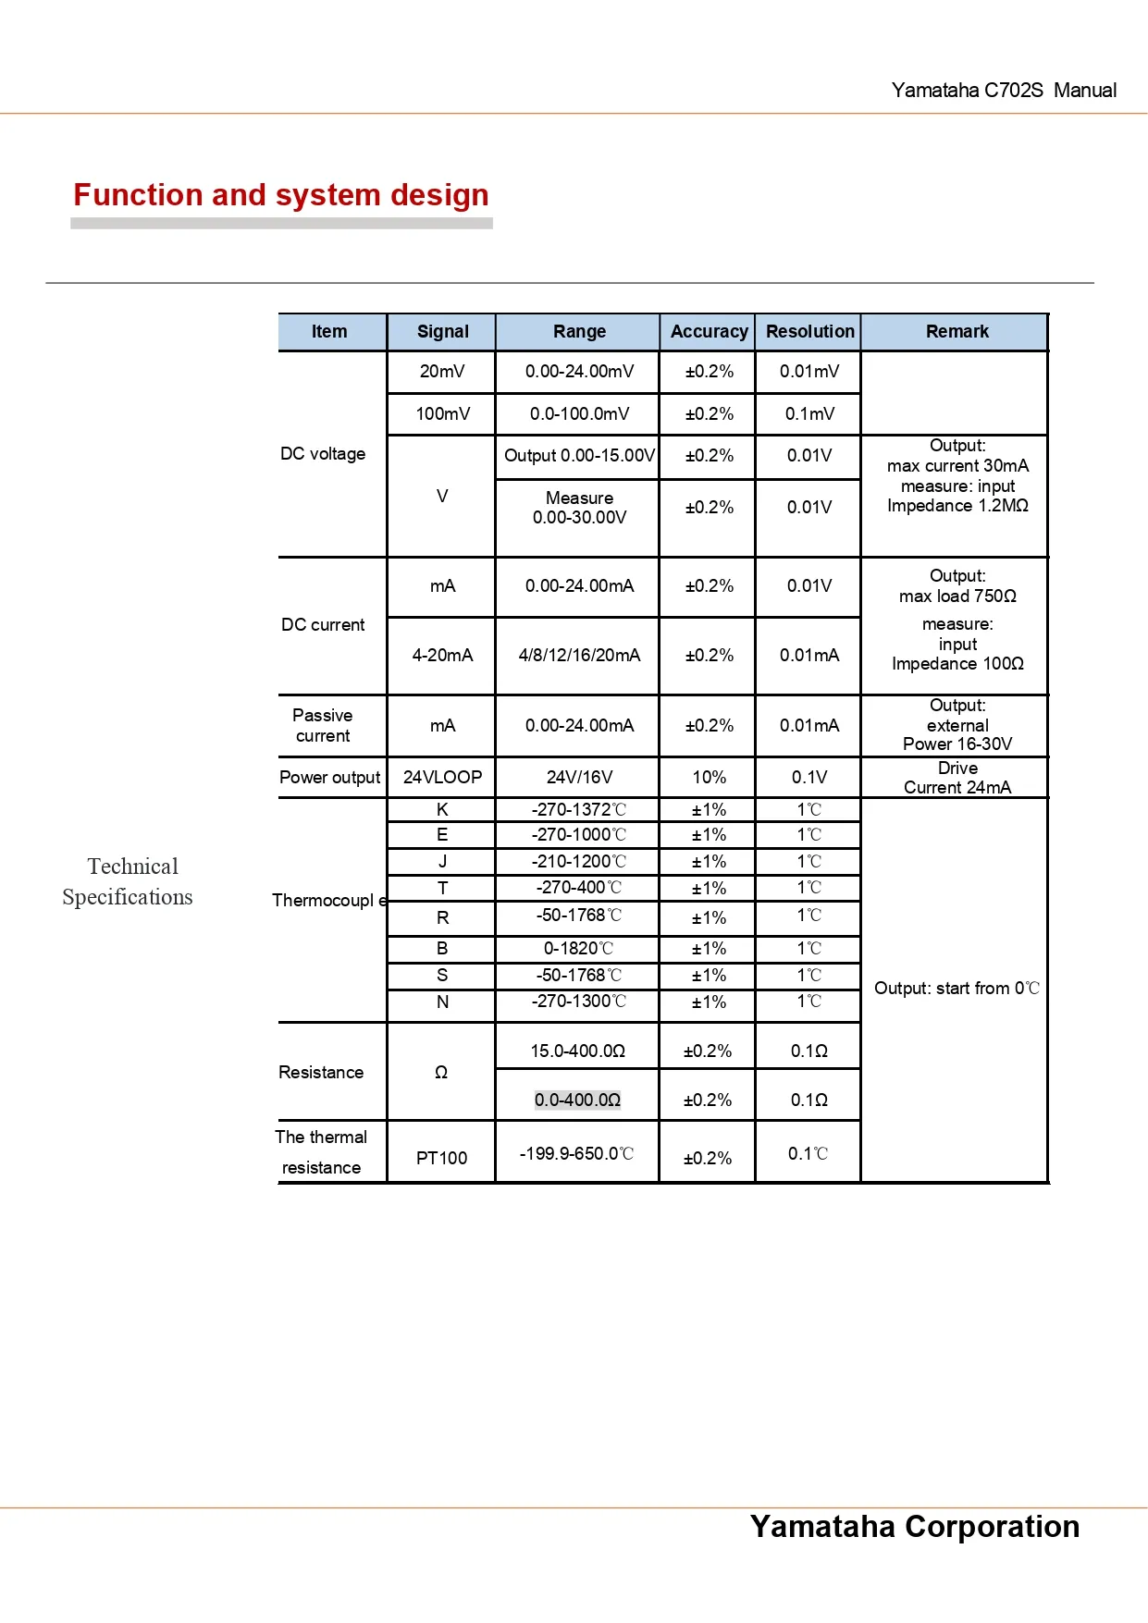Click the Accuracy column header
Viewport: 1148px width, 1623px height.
(x=709, y=331)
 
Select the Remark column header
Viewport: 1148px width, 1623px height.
(x=957, y=331)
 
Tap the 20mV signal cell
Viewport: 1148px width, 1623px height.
(x=442, y=371)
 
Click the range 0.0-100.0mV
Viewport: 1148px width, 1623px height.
(x=579, y=413)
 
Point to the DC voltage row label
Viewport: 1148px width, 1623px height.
(x=323, y=454)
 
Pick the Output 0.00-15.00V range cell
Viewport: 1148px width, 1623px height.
(x=579, y=455)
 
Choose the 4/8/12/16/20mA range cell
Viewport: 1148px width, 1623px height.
(x=579, y=655)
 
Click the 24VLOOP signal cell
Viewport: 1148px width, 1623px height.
(x=442, y=777)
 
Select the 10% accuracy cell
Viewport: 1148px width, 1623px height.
(x=709, y=777)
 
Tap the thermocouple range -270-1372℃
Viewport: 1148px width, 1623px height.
(x=579, y=809)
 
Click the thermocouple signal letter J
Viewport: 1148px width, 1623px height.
(x=442, y=861)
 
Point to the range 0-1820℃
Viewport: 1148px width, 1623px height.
(x=579, y=948)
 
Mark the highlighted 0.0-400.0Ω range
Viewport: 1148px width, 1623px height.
(x=577, y=1100)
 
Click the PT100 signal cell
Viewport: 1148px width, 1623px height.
(x=441, y=1158)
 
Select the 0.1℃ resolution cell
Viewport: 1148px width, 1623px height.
(x=808, y=1153)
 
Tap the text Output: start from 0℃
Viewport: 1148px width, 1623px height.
(x=957, y=988)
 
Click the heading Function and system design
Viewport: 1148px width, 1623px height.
(x=281, y=195)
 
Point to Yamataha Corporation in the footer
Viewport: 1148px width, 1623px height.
(x=914, y=1526)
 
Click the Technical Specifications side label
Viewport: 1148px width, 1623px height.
(x=129, y=881)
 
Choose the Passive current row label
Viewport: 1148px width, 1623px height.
(x=323, y=725)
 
